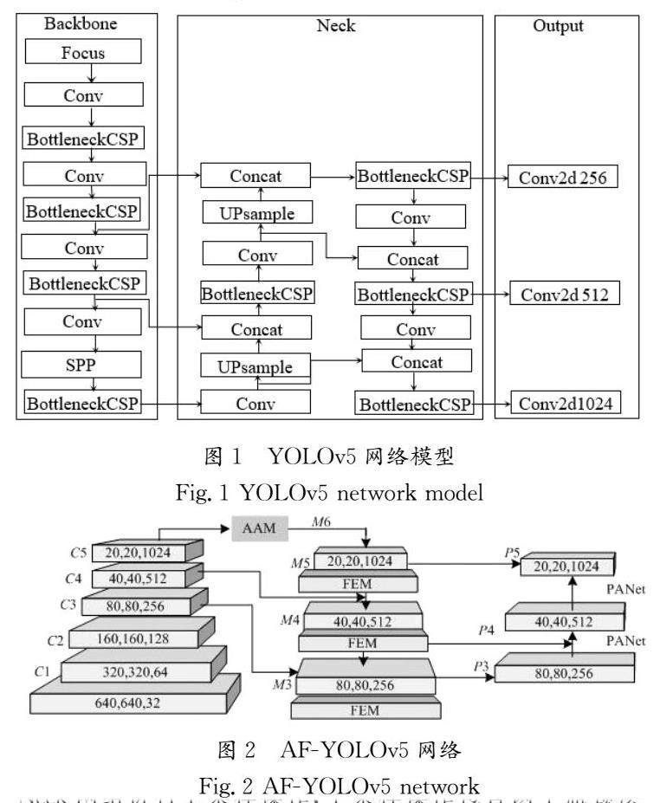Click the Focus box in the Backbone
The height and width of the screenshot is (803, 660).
(x=83, y=52)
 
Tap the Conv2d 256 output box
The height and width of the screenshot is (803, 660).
(x=563, y=178)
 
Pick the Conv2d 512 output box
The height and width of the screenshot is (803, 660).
(x=564, y=295)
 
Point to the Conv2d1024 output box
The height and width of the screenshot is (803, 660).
(x=564, y=404)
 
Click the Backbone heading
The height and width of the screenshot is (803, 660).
(x=80, y=24)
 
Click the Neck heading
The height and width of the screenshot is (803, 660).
(x=336, y=26)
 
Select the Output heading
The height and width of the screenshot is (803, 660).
(x=558, y=26)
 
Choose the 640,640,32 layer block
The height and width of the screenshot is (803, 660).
(x=135, y=703)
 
